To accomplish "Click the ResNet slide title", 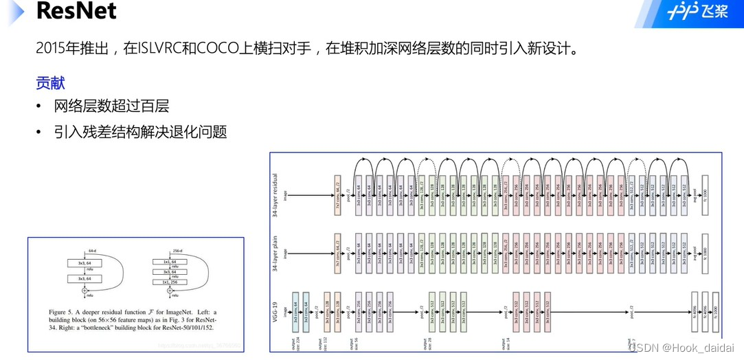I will pos(76,12).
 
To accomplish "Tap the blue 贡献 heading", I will pos(50,83).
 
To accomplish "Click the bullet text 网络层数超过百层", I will pos(111,106).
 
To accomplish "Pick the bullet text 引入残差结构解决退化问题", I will pos(140,132).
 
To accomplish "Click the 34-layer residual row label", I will pos(277,194).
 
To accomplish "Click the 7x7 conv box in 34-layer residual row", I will pos(337,195).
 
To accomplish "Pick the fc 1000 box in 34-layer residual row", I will pos(704,195).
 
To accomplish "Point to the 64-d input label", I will pos(91,251).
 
